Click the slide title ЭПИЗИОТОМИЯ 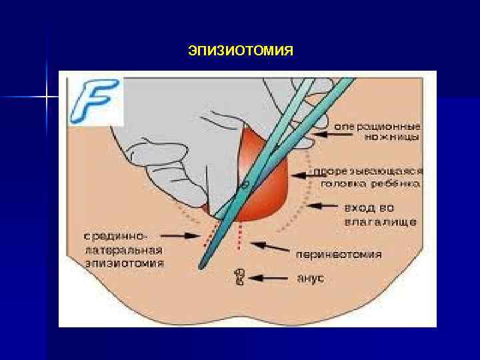coord(241,51)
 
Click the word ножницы coord(396,137)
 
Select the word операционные coord(377,126)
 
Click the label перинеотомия coord(340,254)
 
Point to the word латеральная coord(125,250)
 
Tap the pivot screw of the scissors coord(246,182)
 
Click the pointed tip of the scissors coord(199,267)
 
